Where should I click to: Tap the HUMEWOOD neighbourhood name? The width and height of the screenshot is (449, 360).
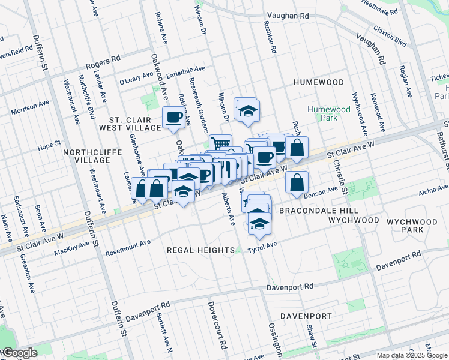click(318, 82)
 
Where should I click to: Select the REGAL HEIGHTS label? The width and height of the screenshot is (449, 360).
click(200, 250)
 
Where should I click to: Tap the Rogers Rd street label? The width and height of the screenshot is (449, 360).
click(103, 61)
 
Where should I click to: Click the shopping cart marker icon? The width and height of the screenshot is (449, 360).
click(220, 144)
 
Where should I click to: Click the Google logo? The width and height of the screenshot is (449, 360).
click(19, 353)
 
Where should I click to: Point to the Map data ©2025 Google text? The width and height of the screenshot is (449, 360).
click(411, 355)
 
